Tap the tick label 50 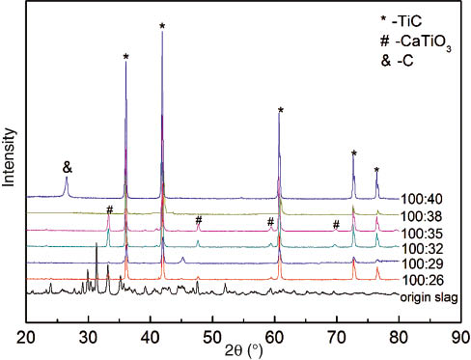pyautogui.click(x=212, y=337)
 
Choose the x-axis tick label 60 pyautogui.click(x=274, y=337)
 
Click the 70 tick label pyautogui.click(x=337, y=337)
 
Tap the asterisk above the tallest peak pyautogui.click(x=162, y=26)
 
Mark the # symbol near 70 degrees pyautogui.click(x=336, y=225)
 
